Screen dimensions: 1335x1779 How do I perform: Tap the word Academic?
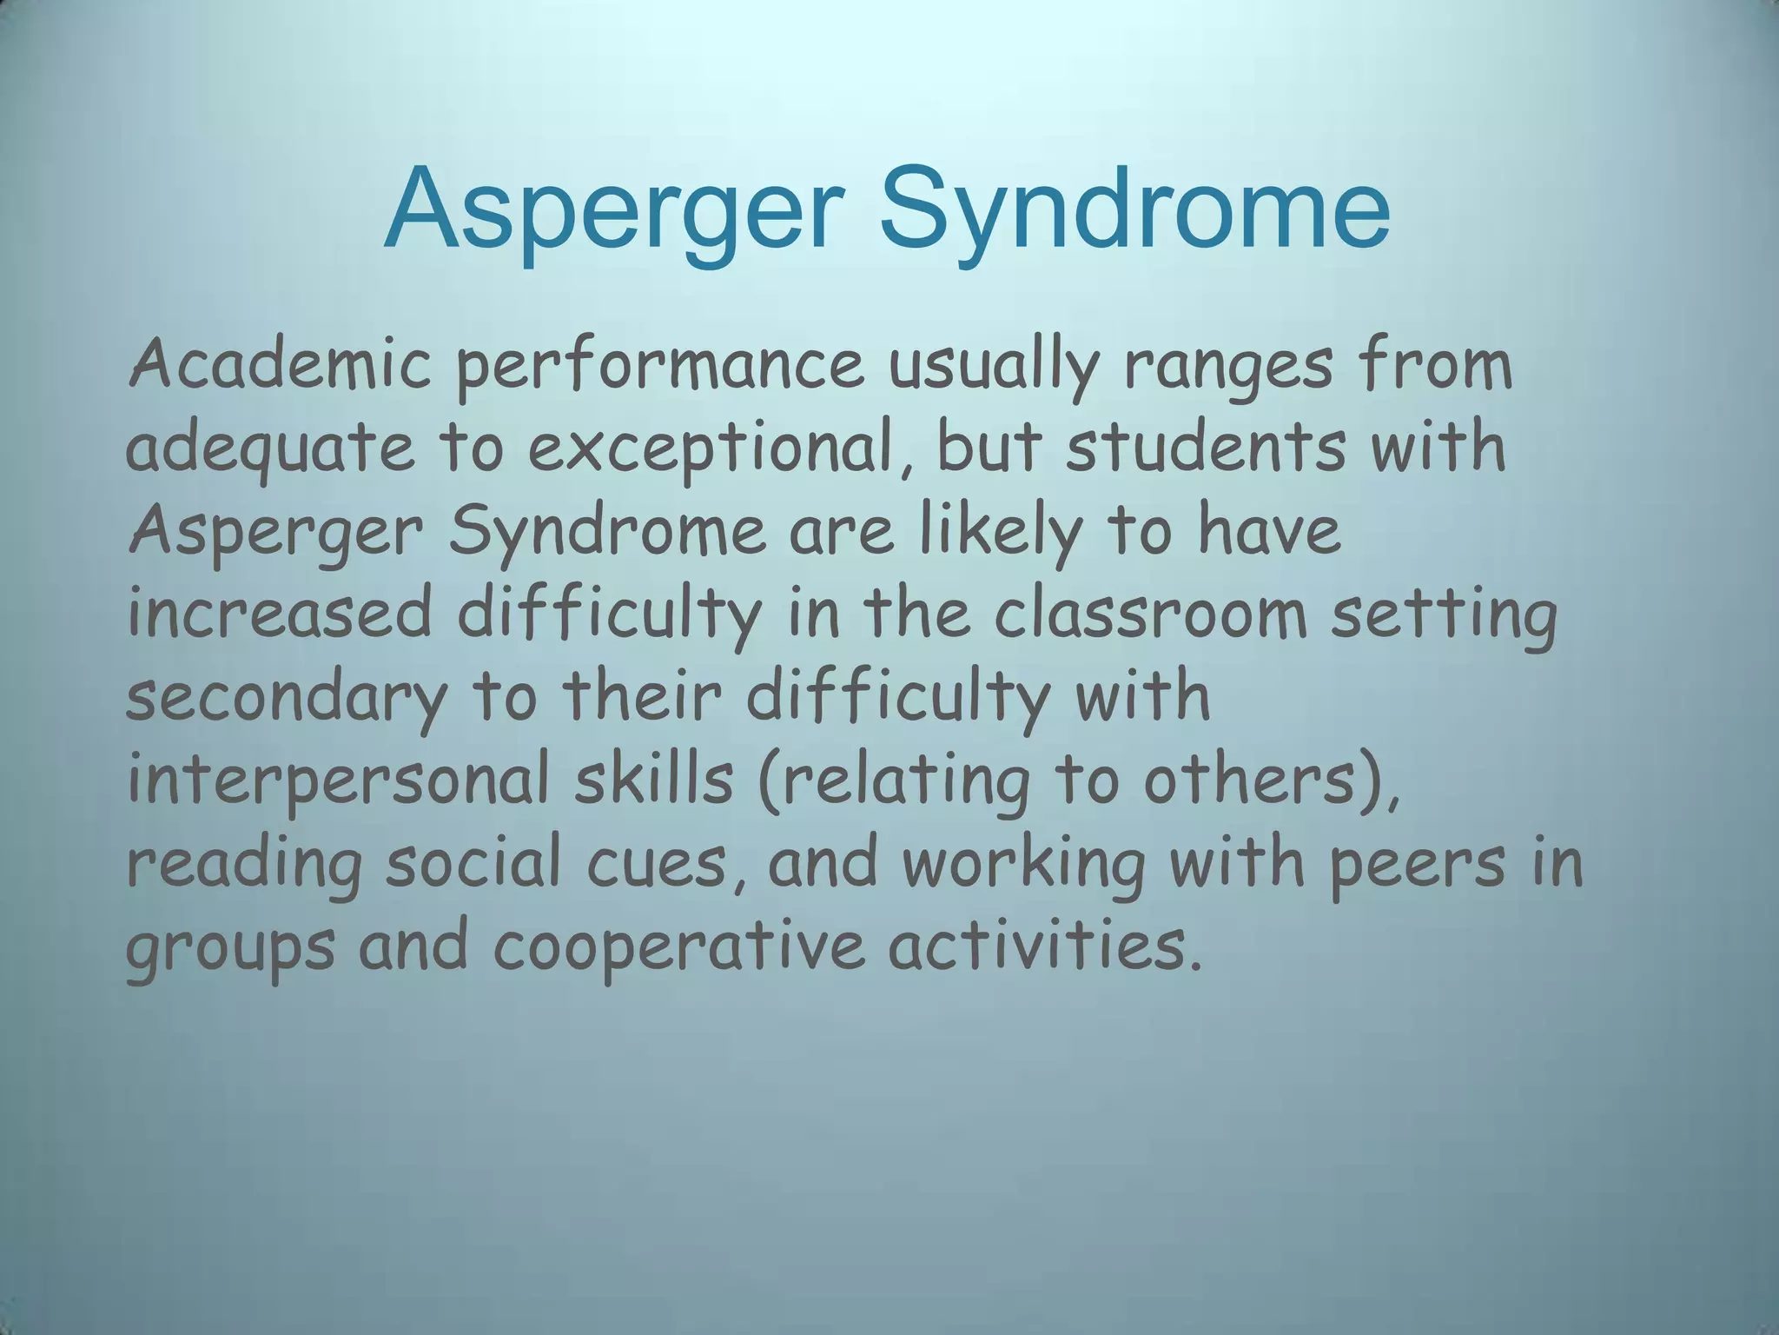(279, 366)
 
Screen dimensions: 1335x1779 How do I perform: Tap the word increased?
(279, 614)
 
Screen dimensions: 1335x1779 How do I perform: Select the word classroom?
(1150, 614)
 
